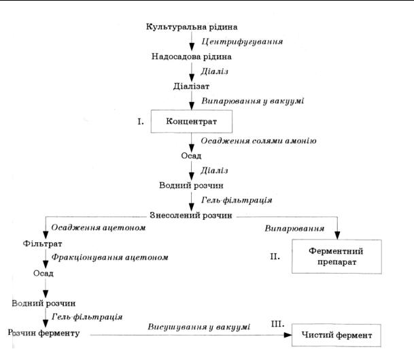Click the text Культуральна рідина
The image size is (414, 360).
(192, 27)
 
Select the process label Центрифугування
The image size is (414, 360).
(243, 42)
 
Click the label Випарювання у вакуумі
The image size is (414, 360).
(252, 101)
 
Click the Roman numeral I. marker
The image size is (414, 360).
(141, 122)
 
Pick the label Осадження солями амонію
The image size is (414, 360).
(258, 141)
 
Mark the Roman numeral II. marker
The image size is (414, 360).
(274, 257)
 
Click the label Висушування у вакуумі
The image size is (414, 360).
(199, 327)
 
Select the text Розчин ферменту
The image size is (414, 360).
(44, 333)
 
